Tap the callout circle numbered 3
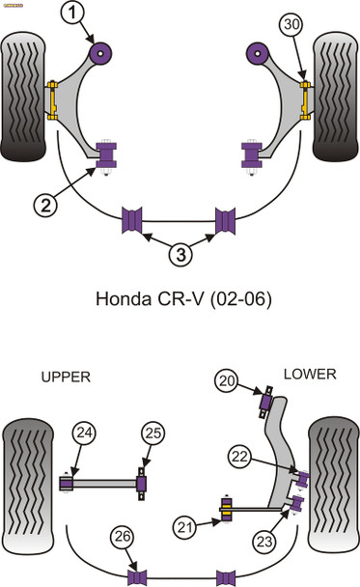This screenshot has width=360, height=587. click(x=180, y=256)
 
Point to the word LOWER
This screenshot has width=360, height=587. click(x=309, y=373)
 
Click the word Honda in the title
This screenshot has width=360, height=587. click(x=123, y=298)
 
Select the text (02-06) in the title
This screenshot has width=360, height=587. click(x=233, y=298)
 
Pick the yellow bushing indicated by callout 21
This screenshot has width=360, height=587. click(x=229, y=508)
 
